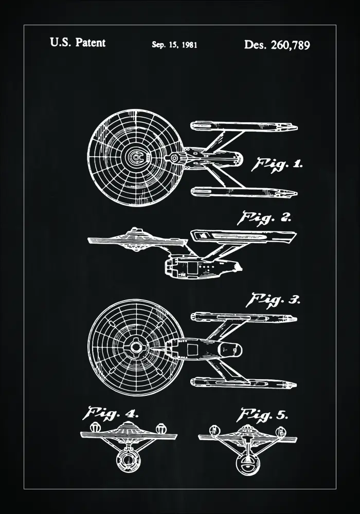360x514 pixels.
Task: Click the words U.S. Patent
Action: pyautogui.click(x=78, y=43)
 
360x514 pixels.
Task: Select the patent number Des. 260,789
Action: pyautogui.click(x=277, y=45)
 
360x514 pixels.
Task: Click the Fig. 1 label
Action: pyautogui.click(x=276, y=164)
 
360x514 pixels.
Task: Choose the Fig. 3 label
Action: pyautogui.click(x=275, y=300)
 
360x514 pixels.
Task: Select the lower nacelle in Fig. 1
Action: pyautogui.click(x=244, y=192)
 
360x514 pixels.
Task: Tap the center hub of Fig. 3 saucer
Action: pyautogui.click(x=136, y=347)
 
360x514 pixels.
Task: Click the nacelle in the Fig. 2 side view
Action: pyautogui.click(x=244, y=237)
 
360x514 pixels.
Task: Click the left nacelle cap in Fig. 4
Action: pyautogui.click(x=94, y=427)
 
